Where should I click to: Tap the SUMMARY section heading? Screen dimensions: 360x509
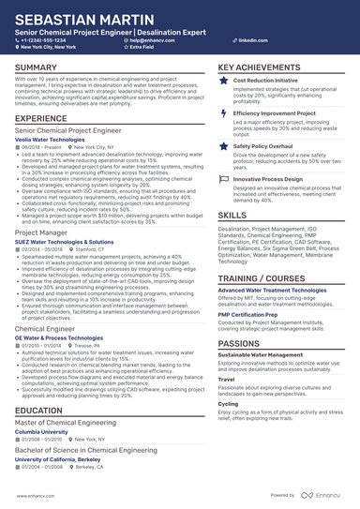36,67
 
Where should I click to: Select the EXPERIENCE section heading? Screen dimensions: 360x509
41,119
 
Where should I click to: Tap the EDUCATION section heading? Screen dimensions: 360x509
39,410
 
